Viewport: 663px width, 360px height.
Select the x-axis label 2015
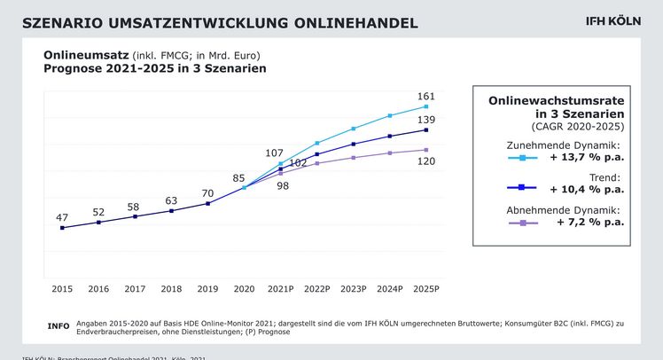tap(62, 289)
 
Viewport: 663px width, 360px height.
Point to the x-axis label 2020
tap(244, 289)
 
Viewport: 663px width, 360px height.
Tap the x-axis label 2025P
tap(426, 289)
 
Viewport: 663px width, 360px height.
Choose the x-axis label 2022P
tap(316, 289)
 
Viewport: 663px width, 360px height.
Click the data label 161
tap(426, 95)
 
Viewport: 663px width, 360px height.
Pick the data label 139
tap(426, 119)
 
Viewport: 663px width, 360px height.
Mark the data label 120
tap(426, 162)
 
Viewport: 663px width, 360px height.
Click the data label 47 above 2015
tap(62, 216)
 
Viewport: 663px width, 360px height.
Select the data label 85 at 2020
tap(239, 177)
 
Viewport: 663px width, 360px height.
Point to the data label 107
tap(275, 153)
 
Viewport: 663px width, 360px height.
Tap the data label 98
tap(283, 184)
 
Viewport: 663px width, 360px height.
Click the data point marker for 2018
tap(171, 211)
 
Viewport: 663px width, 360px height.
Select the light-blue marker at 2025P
tap(426, 106)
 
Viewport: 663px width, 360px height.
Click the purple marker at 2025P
tap(426, 150)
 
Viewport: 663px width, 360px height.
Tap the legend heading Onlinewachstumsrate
tap(557, 102)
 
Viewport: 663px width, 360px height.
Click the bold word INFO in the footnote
tap(58, 326)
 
